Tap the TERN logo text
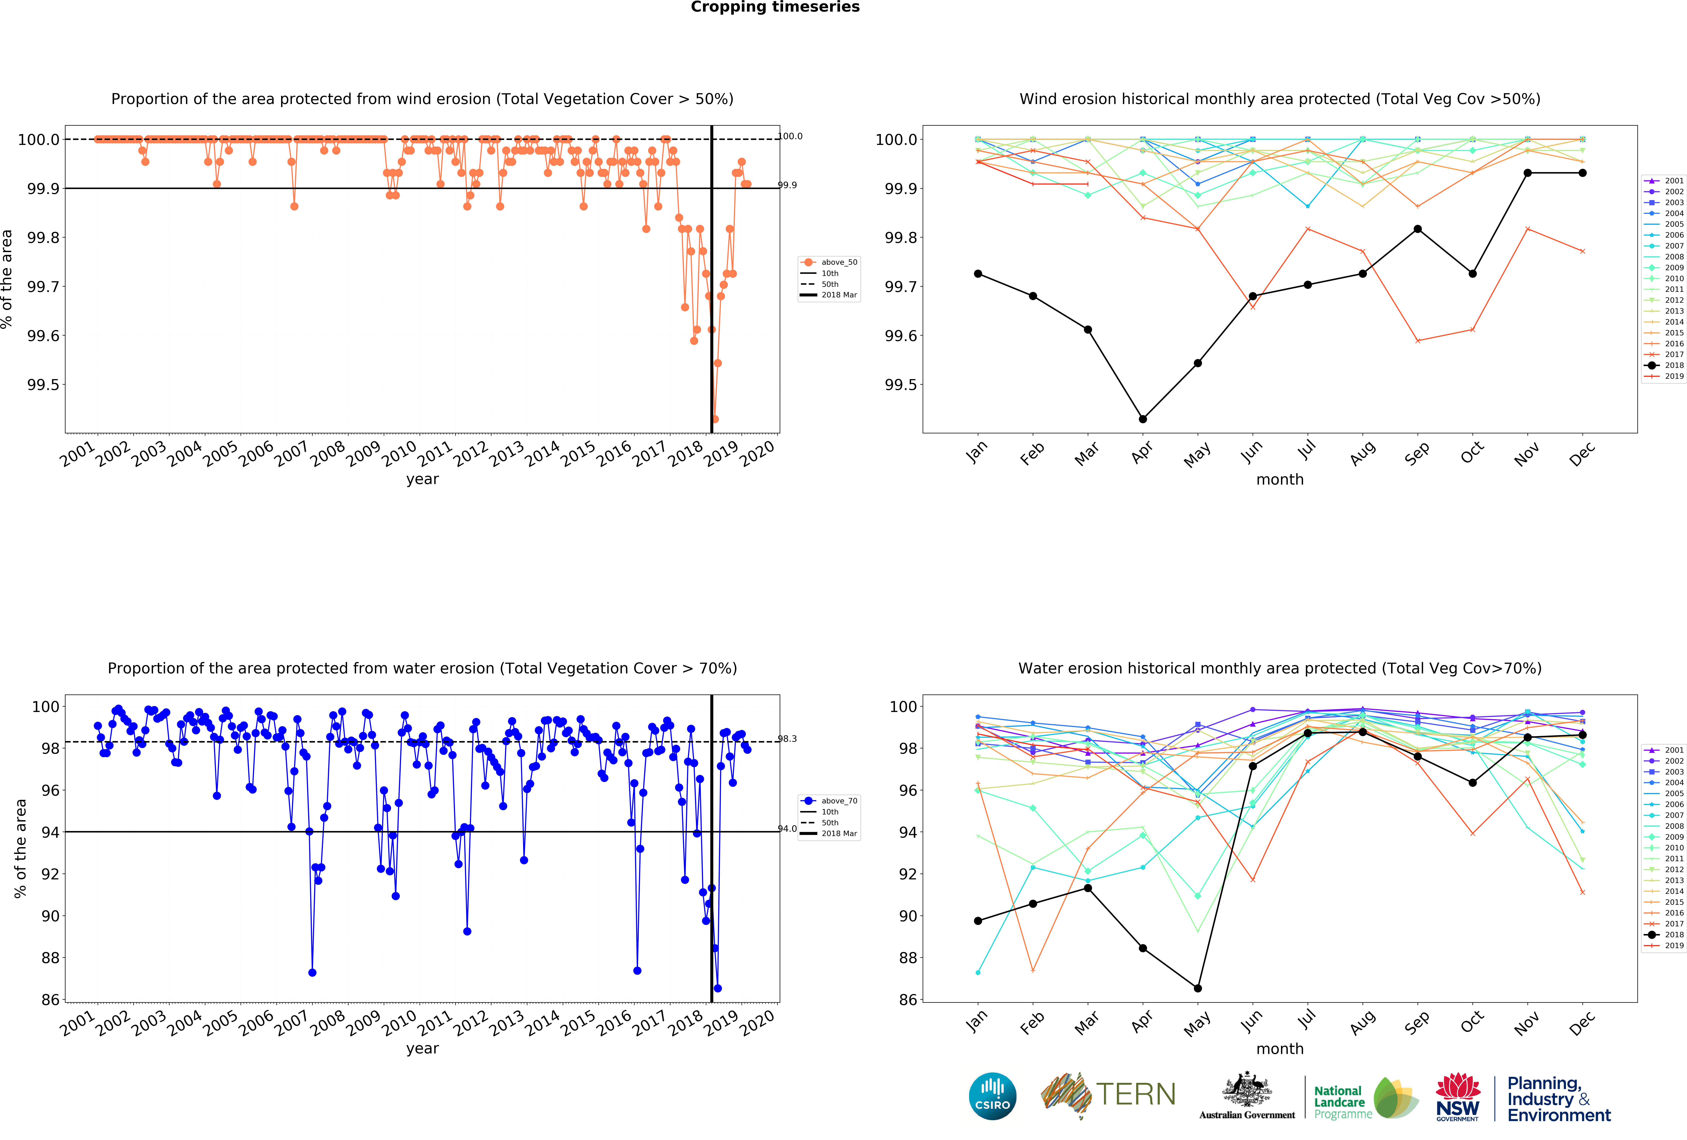[x=1136, y=1094]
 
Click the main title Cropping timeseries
[x=775, y=7]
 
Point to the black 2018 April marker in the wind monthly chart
[x=1143, y=419]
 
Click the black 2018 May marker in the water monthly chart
[x=1198, y=988]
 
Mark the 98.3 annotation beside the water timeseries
[x=788, y=738]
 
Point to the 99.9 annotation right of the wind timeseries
[x=788, y=185]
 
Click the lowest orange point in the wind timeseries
[x=715, y=419]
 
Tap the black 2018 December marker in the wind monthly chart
[x=1582, y=173]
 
